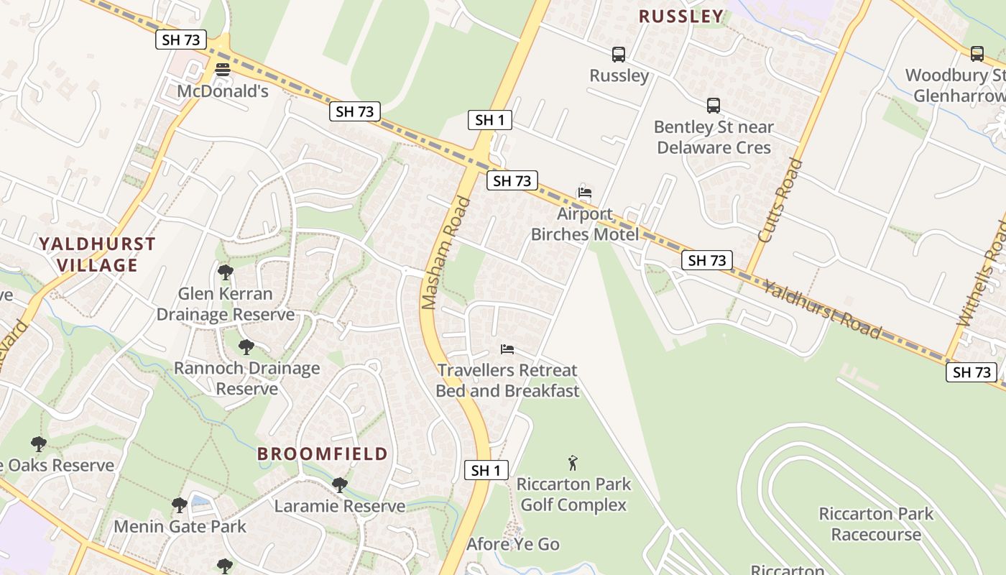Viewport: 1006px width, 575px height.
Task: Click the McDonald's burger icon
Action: click(x=223, y=70)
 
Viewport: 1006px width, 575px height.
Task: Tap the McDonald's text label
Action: click(x=223, y=91)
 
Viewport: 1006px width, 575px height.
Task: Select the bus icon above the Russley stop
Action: click(x=618, y=54)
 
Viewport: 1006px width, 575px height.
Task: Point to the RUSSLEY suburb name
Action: click(x=680, y=17)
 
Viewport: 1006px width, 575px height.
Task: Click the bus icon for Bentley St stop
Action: click(x=713, y=106)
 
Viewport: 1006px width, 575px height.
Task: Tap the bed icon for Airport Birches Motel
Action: click(x=585, y=192)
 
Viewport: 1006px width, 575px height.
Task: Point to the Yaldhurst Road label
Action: click(x=821, y=310)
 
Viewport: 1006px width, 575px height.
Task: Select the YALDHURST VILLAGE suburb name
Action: click(x=97, y=254)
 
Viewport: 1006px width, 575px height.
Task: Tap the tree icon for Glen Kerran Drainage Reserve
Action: click(x=225, y=272)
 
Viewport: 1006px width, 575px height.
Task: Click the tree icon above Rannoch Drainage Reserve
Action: click(x=246, y=347)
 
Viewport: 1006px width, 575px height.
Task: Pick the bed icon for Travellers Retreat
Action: click(x=507, y=349)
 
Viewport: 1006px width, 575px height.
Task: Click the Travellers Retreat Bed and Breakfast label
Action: click(x=507, y=381)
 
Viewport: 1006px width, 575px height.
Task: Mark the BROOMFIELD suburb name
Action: click(x=323, y=454)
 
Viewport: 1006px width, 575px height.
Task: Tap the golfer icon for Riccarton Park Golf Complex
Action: click(x=573, y=462)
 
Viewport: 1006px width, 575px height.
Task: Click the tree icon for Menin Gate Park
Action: click(x=180, y=505)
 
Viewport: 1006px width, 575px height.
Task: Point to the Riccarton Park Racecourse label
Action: click(x=876, y=524)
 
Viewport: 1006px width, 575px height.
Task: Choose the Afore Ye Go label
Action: click(x=513, y=544)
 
